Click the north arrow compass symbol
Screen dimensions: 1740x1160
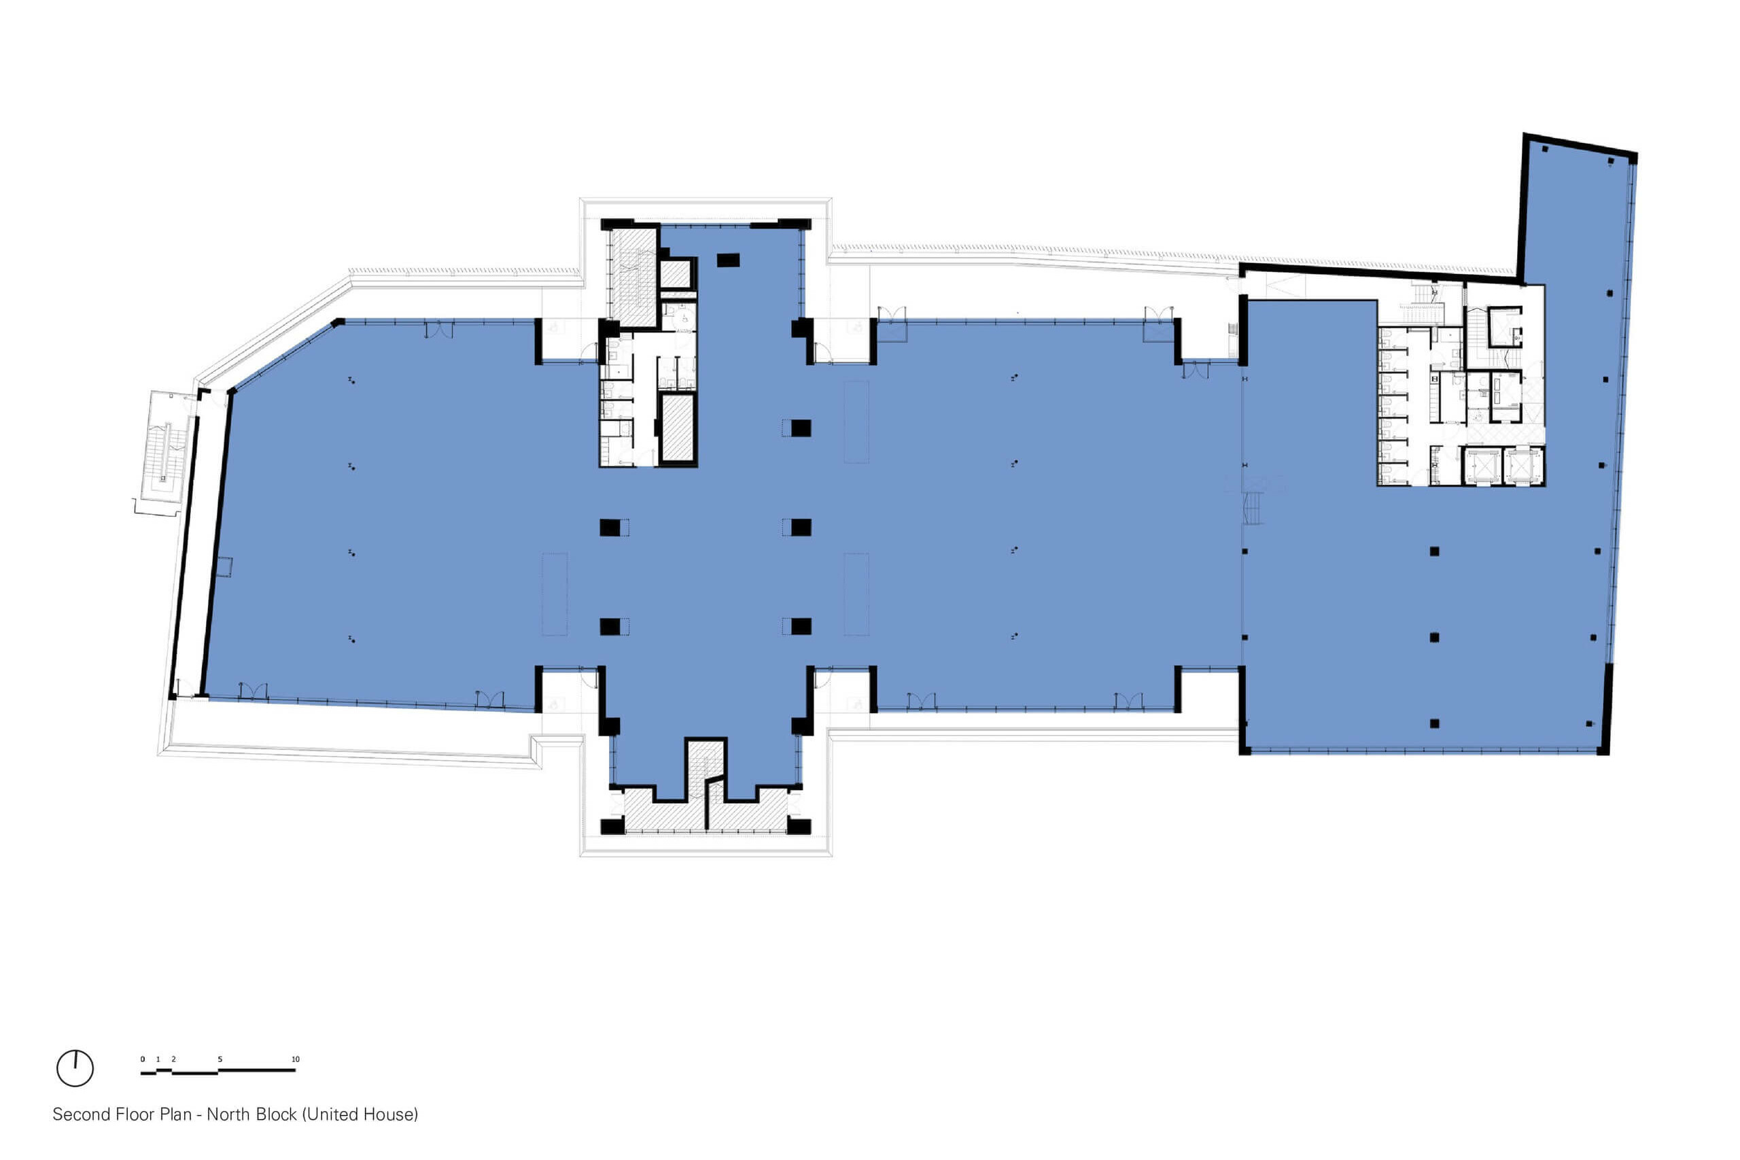click(75, 1068)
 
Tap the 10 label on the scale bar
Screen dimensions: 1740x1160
click(295, 1059)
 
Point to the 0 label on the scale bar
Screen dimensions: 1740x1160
click(143, 1059)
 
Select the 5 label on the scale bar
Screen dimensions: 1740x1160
click(220, 1059)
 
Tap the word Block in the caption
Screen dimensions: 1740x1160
click(277, 1114)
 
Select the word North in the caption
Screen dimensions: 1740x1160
click(229, 1114)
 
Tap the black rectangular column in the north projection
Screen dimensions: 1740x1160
click(728, 260)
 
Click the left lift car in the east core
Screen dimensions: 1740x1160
click(1481, 464)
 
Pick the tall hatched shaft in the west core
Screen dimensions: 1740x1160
click(676, 428)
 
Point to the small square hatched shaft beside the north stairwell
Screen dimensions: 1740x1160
click(674, 274)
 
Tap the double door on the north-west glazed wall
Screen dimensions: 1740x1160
click(439, 330)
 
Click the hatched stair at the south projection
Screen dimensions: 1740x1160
click(706, 785)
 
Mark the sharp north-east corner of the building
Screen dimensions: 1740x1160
click(1635, 156)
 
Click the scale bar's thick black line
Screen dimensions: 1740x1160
click(218, 1070)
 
